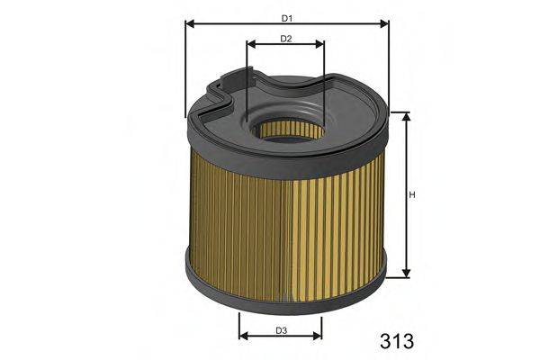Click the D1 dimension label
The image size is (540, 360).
(285, 18)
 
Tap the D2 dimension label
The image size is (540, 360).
(285, 39)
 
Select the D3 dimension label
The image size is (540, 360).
(281, 330)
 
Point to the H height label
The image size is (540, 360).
(413, 194)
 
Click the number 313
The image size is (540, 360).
(391, 341)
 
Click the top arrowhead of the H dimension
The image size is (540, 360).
(407, 118)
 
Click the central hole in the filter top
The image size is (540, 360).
(286, 129)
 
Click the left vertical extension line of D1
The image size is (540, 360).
(184, 72)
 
